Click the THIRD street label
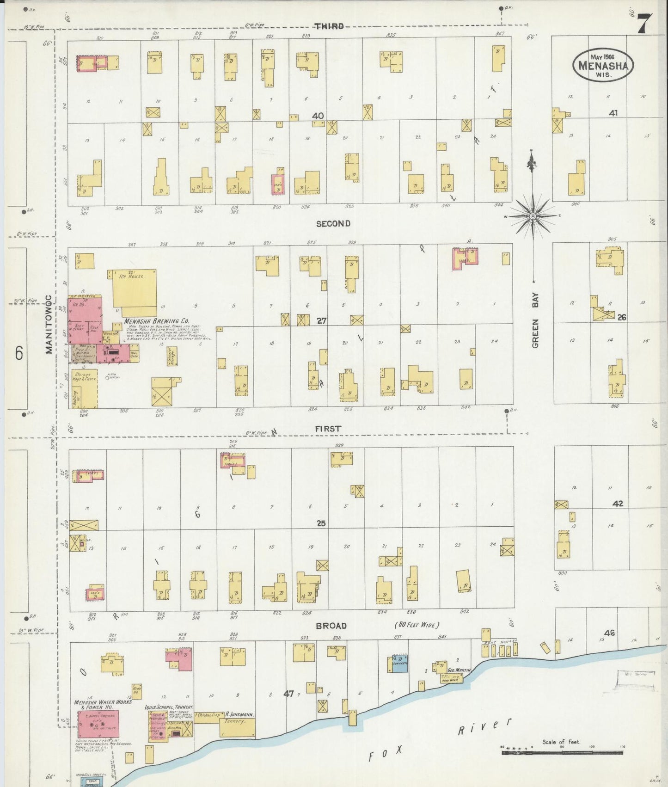[x=330, y=26]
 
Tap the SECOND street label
[x=333, y=224]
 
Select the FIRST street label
[x=328, y=429]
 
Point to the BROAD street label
[x=331, y=626]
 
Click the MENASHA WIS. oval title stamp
[x=603, y=66]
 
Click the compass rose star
[x=533, y=216]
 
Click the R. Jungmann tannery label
[x=238, y=714]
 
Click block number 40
[x=318, y=116]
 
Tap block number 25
[x=321, y=523]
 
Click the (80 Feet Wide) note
[x=417, y=625]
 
